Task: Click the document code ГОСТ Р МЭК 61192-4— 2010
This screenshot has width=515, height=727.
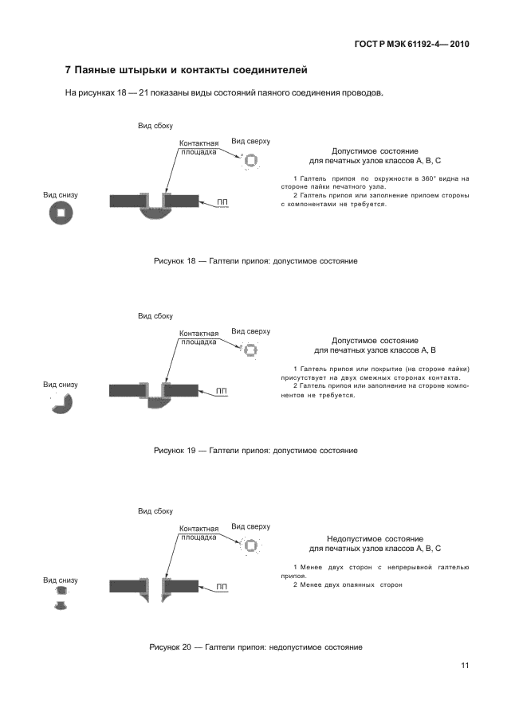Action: [x=411, y=44]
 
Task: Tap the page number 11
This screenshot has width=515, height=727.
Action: [x=464, y=666]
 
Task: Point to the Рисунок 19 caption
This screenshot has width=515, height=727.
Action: [x=255, y=451]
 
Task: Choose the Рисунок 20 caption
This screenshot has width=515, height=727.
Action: [x=256, y=647]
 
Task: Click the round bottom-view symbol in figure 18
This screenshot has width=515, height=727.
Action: [x=60, y=212]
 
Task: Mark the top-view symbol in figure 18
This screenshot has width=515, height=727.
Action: [x=250, y=161]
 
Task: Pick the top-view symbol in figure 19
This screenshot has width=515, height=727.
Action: [x=250, y=350]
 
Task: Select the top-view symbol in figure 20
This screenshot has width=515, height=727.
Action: [x=250, y=545]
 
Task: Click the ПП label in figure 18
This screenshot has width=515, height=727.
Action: [x=222, y=203]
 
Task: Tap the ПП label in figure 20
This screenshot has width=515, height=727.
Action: [x=222, y=587]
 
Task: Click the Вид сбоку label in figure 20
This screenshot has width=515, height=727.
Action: [x=155, y=511]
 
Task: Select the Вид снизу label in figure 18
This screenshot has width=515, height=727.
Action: [x=61, y=194]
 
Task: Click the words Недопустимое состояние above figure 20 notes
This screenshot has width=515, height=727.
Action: [x=375, y=539]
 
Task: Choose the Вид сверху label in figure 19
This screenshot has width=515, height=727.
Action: [x=250, y=330]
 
